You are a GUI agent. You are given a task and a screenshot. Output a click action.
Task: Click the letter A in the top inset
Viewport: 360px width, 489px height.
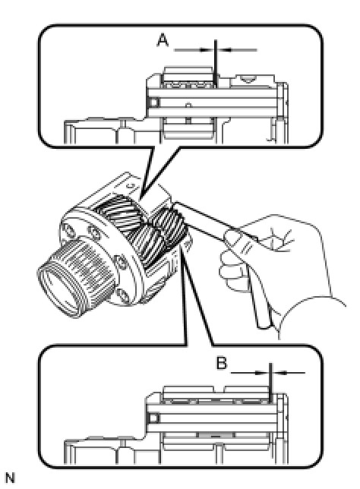(x=163, y=40)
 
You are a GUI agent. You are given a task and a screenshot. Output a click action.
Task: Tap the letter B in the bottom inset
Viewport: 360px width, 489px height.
(x=222, y=363)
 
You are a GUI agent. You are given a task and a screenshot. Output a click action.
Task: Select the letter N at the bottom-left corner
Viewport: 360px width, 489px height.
(x=10, y=478)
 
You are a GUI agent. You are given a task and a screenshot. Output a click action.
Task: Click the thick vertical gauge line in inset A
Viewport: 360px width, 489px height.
(x=216, y=65)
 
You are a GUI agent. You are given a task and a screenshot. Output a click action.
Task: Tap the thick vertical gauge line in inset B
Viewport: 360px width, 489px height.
(x=271, y=383)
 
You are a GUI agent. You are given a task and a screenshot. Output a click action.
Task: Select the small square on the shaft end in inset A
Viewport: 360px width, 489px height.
(x=153, y=103)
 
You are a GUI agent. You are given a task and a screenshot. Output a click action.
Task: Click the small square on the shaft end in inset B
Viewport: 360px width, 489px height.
(x=153, y=418)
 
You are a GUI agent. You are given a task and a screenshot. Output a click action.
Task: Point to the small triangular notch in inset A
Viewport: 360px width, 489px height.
(x=247, y=80)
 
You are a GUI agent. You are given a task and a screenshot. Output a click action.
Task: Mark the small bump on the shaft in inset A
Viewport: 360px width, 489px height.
(x=188, y=105)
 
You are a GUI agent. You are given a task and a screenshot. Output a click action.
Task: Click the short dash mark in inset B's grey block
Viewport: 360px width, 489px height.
(x=216, y=436)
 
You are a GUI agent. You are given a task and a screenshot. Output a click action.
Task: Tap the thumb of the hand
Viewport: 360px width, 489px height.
(x=235, y=237)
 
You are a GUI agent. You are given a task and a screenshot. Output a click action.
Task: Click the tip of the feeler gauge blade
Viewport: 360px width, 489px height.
(x=175, y=203)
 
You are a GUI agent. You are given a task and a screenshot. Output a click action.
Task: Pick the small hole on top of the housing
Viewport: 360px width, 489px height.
(x=132, y=186)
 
